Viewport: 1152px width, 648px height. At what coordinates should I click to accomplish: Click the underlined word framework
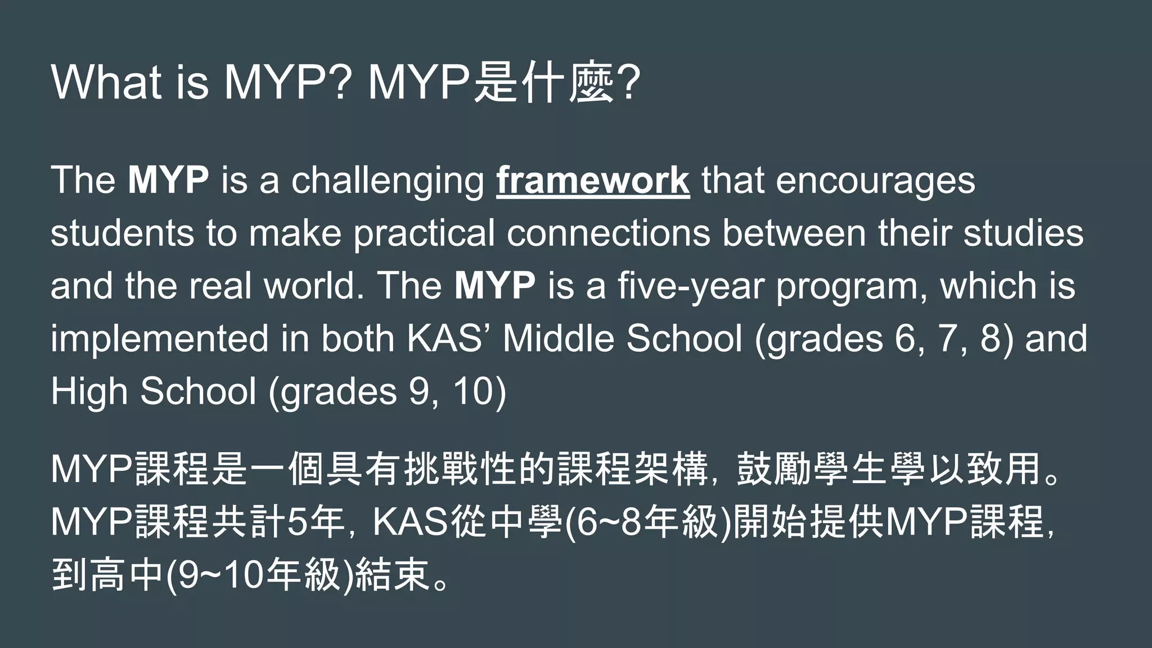[x=593, y=181]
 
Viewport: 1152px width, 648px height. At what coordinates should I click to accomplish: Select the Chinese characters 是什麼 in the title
[x=543, y=84]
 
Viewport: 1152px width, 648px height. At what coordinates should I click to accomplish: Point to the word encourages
[x=875, y=181]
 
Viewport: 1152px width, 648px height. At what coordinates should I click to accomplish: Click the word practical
[x=424, y=234]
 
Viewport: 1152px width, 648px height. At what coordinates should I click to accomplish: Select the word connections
[x=609, y=233]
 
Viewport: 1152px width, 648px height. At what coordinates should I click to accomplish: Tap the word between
[x=794, y=233]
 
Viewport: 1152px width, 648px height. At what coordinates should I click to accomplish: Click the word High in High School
[x=89, y=392]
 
